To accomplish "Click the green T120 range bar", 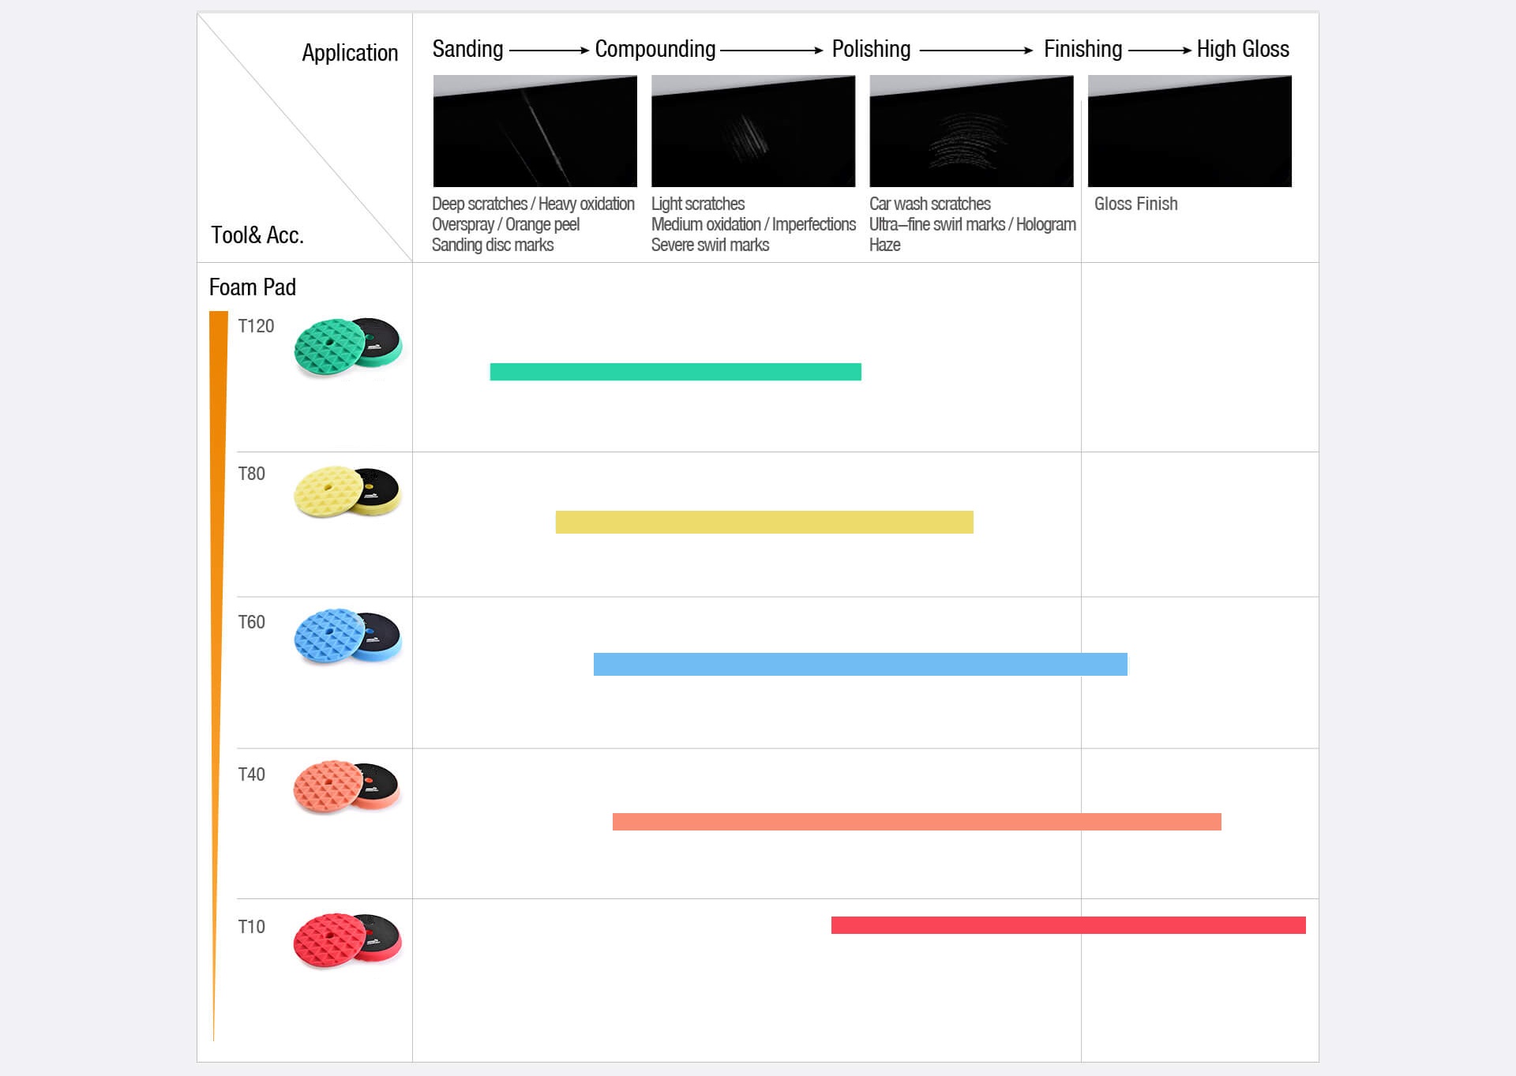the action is pyautogui.click(x=675, y=372).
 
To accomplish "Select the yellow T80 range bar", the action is pyautogui.click(x=764, y=522).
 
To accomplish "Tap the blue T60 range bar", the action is pyautogui.click(x=861, y=664).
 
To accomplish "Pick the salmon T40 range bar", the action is pyautogui.click(x=917, y=822).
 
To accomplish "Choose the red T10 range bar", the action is pyautogui.click(x=1068, y=925).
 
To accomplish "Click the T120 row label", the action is pyautogui.click(x=256, y=326).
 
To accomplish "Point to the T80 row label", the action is pyautogui.click(x=252, y=474).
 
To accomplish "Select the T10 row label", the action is pyautogui.click(x=252, y=927).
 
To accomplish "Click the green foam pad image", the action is pyautogui.click(x=347, y=347).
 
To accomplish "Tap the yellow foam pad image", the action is pyautogui.click(x=347, y=491).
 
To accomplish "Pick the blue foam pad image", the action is pyautogui.click(x=347, y=635).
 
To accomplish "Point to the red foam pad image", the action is pyautogui.click(x=347, y=940).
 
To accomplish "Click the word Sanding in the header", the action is pyautogui.click(x=467, y=49).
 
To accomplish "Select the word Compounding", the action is pyautogui.click(x=655, y=49).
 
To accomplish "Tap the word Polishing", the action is pyautogui.click(x=872, y=49).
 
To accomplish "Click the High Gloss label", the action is pyautogui.click(x=1243, y=49).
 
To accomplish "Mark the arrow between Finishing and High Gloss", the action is pyautogui.click(x=1160, y=51).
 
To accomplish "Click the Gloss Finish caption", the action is pyautogui.click(x=1136, y=204).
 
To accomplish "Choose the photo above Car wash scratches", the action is pyautogui.click(x=971, y=131).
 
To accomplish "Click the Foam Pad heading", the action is pyautogui.click(x=253, y=287).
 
